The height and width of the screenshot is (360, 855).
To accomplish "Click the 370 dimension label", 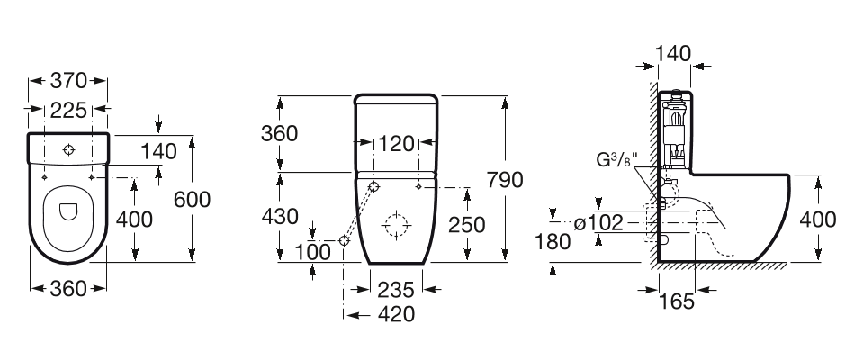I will (68, 81).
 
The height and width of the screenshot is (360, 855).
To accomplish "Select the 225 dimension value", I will (68, 111).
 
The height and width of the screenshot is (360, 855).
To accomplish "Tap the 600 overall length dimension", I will (193, 199).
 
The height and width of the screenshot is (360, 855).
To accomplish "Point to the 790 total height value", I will (505, 180).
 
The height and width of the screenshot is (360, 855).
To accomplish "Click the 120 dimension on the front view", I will (397, 144).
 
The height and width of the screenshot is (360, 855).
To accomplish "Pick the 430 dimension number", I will (280, 217).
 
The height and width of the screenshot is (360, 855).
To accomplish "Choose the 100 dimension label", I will (313, 252).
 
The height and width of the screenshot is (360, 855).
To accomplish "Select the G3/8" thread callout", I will (616, 161).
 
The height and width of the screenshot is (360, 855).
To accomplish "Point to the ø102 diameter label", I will (599, 223).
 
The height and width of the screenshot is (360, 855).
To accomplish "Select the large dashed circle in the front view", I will (395, 223).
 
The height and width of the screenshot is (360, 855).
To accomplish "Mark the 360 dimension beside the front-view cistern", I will (280, 133).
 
